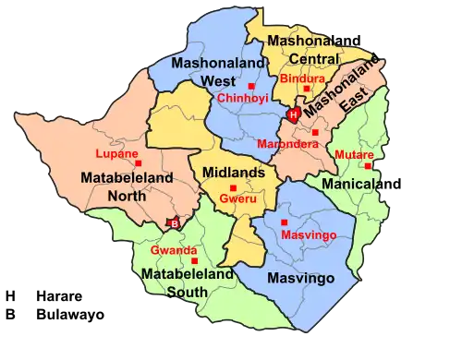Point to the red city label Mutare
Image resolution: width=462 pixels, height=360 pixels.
[x=352, y=154]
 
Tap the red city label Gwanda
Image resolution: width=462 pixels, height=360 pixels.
[x=173, y=250]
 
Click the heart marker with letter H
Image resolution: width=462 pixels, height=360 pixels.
[x=293, y=115]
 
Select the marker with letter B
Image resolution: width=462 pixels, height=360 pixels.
[x=171, y=222]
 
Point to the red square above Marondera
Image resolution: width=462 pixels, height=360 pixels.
[x=315, y=133]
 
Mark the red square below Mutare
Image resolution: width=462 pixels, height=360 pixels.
[x=368, y=167]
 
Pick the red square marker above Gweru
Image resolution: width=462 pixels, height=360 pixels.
[x=233, y=187]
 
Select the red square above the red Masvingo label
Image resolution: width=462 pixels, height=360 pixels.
[x=284, y=222]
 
